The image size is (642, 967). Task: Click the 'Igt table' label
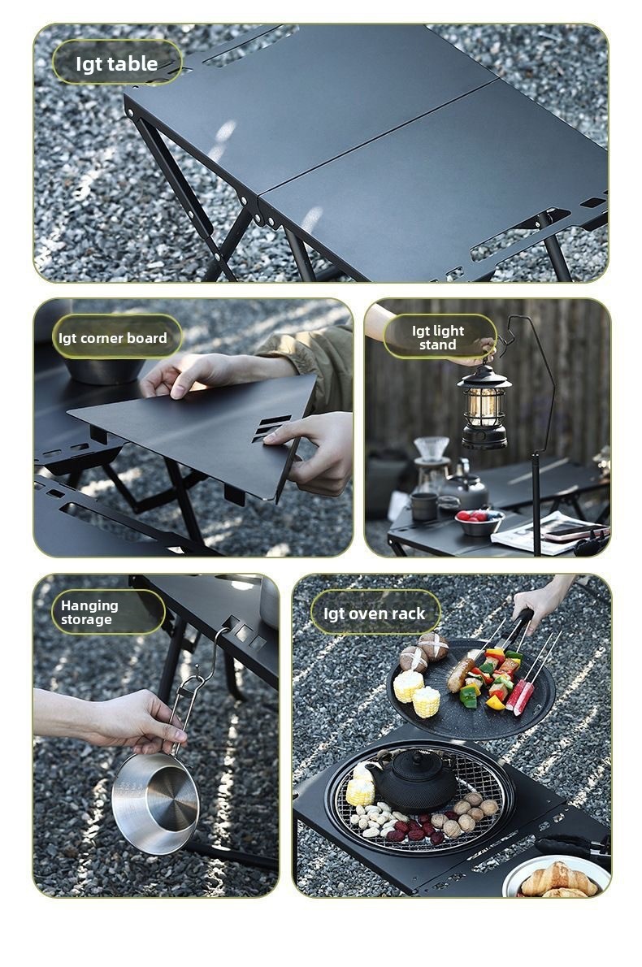point(117,63)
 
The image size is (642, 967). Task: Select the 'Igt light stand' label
point(439,337)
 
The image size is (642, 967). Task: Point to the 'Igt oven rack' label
point(375,613)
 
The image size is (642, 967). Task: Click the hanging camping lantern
point(484,405)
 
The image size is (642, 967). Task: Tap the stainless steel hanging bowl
point(154,802)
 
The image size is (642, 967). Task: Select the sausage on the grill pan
point(462,674)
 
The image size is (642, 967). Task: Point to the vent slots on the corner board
point(271,428)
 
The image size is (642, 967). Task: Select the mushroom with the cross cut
point(433,646)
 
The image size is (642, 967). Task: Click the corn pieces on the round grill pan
point(417,693)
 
